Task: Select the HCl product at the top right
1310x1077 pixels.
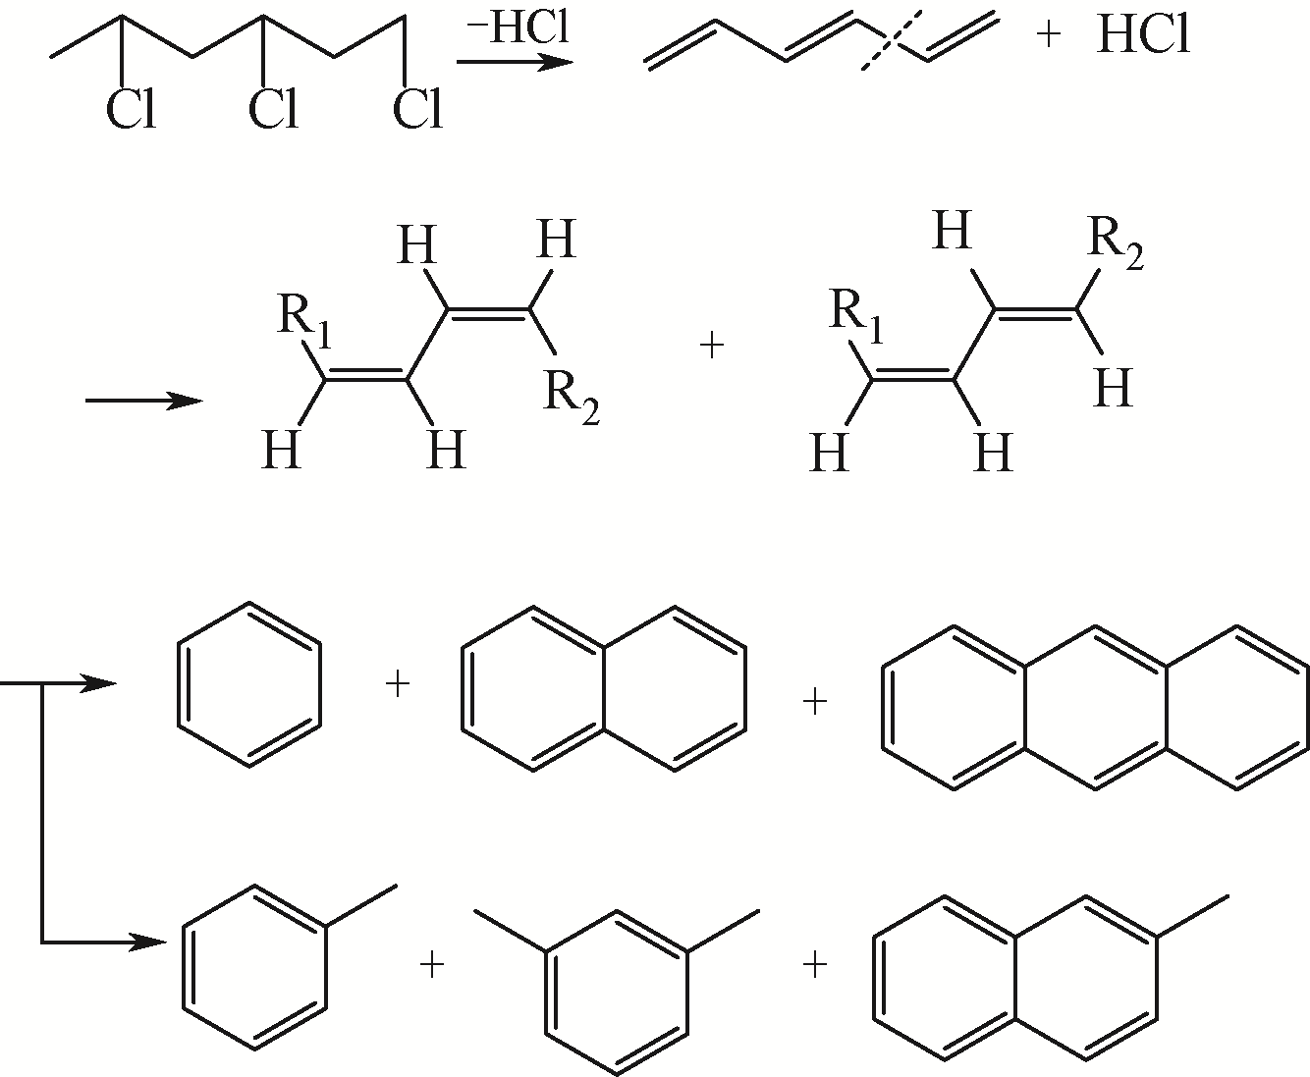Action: (1143, 36)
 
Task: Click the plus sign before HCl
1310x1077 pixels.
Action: (1049, 37)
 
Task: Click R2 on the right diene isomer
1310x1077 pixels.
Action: (1118, 245)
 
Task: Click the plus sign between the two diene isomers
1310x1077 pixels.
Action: (712, 347)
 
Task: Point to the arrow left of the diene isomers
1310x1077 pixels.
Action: (144, 401)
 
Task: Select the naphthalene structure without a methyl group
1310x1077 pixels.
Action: (603, 685)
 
